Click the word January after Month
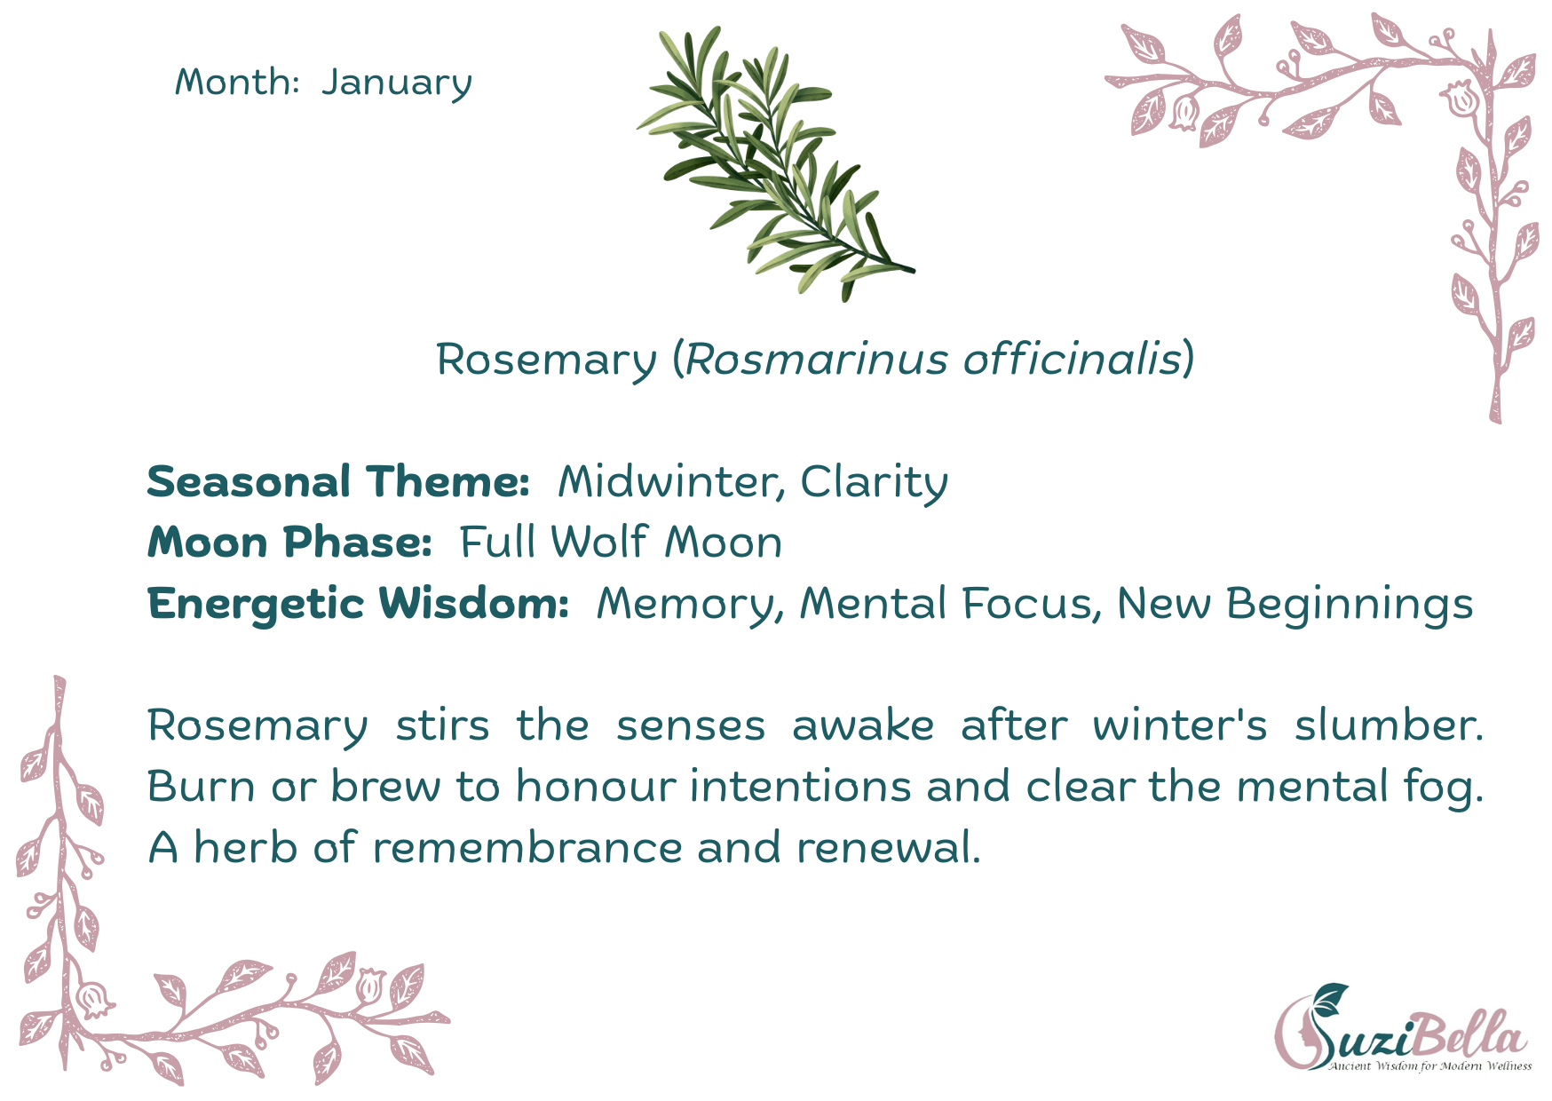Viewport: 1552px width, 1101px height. (397, 83)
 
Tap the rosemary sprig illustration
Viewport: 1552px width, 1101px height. (775, 164)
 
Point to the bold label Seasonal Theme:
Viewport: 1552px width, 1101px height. (338, 481)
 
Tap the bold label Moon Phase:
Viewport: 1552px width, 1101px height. (289, 543)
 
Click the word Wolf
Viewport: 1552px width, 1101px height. (599, 542)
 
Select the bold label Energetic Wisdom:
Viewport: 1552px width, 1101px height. (359, 605)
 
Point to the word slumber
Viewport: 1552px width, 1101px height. (1389, 725)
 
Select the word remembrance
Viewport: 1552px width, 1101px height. (527, 848)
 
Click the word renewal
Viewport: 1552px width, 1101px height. (889, 848)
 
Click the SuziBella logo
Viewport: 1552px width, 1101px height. (1402, 1027)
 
